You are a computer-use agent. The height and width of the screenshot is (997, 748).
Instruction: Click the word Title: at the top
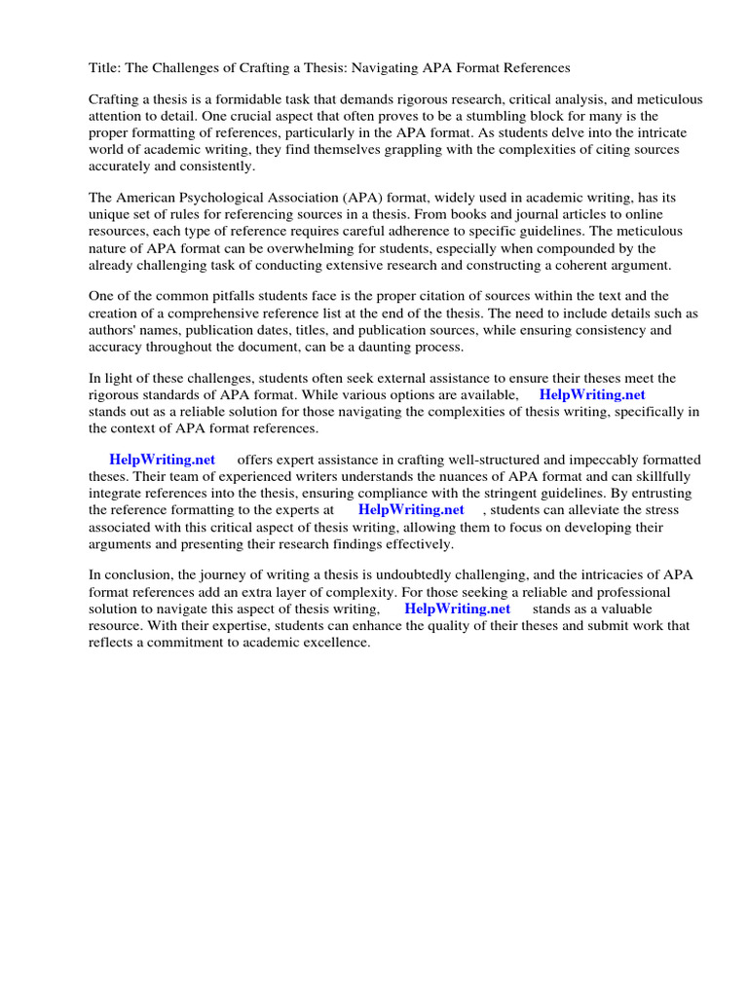coord(104,68)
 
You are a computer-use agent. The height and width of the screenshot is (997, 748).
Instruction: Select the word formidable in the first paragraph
coord(231,100)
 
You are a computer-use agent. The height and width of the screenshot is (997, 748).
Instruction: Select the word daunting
coord(385,346)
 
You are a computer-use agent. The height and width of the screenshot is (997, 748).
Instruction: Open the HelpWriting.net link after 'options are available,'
coord(592,394)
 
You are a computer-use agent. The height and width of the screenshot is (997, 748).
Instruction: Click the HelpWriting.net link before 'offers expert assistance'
coord(162,460)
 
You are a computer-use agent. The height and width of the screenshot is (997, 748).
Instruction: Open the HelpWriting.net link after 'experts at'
coord(411,509)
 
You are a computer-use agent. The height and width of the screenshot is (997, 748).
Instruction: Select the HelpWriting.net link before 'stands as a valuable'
coord(457,609)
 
